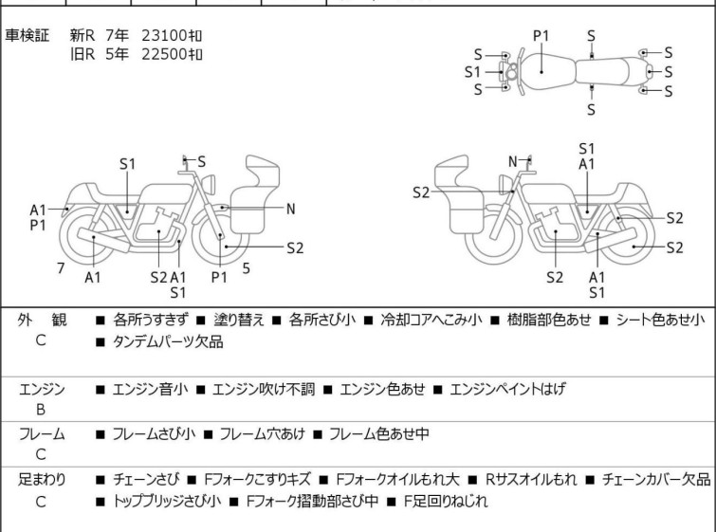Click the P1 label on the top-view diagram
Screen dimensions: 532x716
pyautogui.click(x=541, y=36)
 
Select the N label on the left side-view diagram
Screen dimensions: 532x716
pyautogui.click(x=291, y=209)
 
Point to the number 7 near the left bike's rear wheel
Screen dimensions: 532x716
pyautogui.click(x=61, y=268)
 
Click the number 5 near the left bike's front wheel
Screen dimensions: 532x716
pyautogui.click(x=246, y=268)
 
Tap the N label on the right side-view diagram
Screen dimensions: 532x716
pyautogui.click(x=513, y=161)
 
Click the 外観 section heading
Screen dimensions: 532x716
pyautogui.click(x=42, y=320)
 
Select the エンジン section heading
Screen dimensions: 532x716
pyautogui.click(x=42, y=388)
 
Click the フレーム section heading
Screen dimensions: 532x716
pyautogui.click(x=42, y=433)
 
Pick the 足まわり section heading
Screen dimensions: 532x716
pyautogui.click(x=42, y=480)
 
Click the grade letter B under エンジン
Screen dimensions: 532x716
pyautogui.click(x=41, y=410)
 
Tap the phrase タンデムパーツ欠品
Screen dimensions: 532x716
pyautogui.click(x=168, y=342)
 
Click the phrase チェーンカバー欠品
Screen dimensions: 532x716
pyautogui.click(x=655, y=480)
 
